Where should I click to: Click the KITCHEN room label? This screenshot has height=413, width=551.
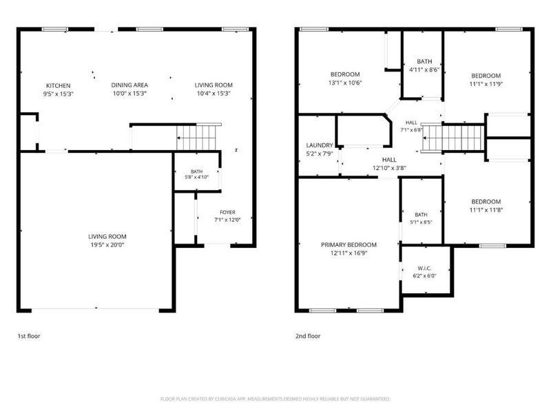59,85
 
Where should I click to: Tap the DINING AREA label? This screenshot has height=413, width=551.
129,85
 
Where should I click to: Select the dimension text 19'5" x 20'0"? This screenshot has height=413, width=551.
107,245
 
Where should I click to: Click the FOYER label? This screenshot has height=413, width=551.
228,212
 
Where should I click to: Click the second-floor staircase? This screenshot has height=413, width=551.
453,138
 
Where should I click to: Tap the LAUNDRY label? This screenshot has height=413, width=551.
320,145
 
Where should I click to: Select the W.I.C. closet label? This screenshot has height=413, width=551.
424,268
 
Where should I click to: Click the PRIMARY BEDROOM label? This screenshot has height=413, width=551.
349,245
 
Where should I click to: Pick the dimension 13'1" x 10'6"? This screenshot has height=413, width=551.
345,83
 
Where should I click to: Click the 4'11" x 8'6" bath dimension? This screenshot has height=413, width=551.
424,70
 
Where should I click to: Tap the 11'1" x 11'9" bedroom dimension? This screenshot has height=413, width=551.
486,84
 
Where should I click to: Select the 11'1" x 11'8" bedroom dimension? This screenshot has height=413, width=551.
486,210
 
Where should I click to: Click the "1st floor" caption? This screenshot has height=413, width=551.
29,336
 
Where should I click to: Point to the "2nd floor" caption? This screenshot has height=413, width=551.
308,336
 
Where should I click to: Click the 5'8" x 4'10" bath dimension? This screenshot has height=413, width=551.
197,178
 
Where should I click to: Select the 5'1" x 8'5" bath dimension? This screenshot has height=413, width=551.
421,222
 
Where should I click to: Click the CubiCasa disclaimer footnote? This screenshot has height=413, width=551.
275,399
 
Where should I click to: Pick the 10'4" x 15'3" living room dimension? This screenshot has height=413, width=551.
214,94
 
